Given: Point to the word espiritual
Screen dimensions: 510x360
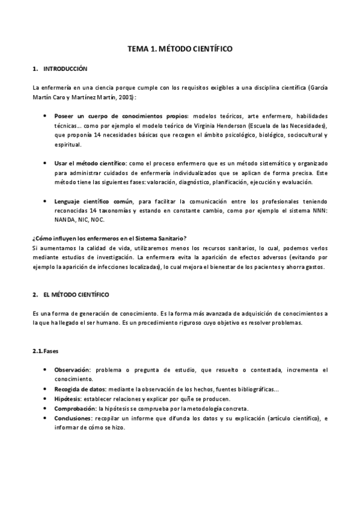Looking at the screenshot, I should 67,145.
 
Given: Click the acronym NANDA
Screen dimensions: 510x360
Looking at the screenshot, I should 64,220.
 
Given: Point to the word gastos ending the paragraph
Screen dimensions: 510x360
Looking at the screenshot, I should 314,266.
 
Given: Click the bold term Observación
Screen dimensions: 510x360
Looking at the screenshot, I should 72,370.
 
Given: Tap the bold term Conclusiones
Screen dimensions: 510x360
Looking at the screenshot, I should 73,417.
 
